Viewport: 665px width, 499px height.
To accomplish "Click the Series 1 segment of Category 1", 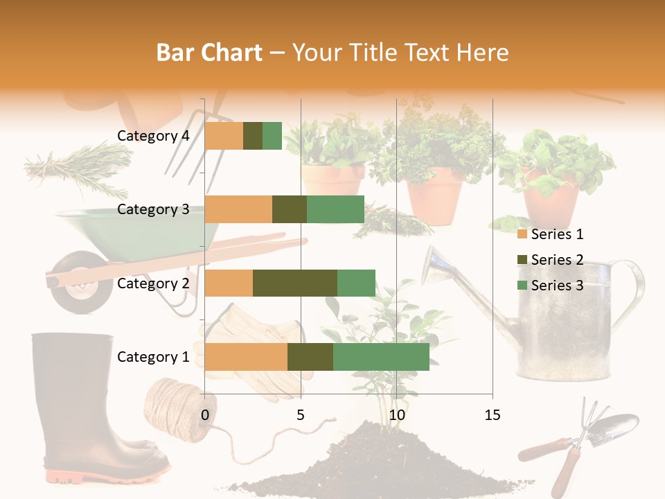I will click(x=246, y=357).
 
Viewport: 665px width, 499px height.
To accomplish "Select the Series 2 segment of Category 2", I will click(x=295, y=283).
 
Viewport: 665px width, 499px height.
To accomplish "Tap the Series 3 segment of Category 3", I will click(x=335, y=209).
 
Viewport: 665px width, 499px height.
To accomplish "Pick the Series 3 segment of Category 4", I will click(x=272, y=136).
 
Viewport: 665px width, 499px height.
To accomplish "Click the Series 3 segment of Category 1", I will click(x=381, y=357).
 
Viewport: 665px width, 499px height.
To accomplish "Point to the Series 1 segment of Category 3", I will click(x=238, y=209).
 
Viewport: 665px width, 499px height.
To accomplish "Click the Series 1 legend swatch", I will click(x=522, y=235).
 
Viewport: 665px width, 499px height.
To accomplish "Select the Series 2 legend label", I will click(x=557, y=260).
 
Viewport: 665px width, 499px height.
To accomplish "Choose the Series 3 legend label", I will click(x=557, y=286).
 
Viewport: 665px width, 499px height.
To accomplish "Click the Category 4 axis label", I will click(x=153, y=136).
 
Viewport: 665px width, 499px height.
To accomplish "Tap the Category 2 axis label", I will click(x=153, y=283).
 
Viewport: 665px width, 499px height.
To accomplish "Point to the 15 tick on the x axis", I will click(x=492, y=415).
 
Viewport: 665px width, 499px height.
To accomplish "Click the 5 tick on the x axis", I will click(x=301, y=415).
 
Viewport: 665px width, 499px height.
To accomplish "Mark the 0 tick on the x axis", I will click(x=205, y=415).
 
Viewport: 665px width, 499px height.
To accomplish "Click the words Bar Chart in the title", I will click(x=209, y=53).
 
